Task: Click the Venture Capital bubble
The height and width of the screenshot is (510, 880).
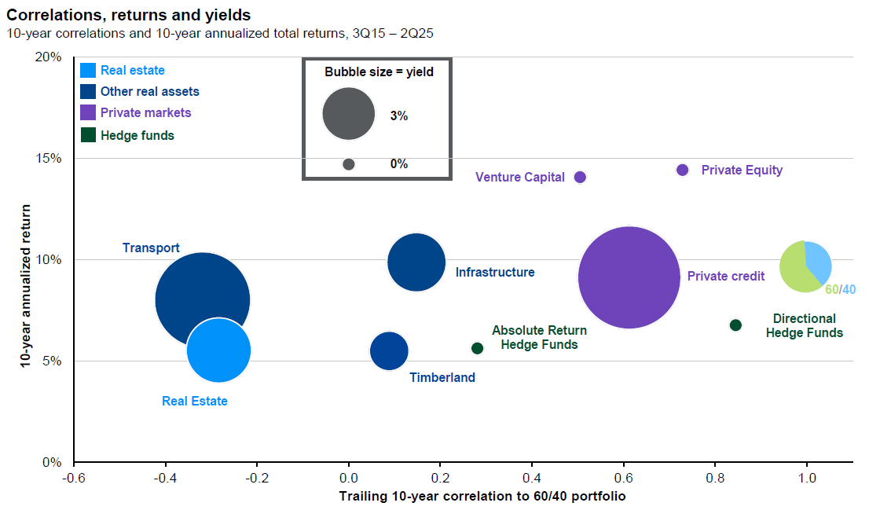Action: [x=580, y=177]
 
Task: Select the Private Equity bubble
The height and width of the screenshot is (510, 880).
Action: [x=682, y=170]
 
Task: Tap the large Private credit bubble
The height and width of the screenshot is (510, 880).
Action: [x=629, y=277]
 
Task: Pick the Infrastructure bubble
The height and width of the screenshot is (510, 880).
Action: [x=416, y=262]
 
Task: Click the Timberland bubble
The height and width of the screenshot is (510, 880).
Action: [x=389, y=350]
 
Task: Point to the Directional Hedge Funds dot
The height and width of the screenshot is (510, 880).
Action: [x=735, y=325]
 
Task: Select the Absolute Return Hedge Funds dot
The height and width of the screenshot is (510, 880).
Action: [x=477, y=348]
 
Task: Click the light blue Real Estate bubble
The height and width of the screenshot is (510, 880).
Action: [x=219, y=350]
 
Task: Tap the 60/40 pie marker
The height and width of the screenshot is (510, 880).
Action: [x=805, y=266]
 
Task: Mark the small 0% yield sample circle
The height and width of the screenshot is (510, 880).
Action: [x=349, y=164]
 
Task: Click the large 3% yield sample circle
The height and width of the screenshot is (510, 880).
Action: [x=348, y=114]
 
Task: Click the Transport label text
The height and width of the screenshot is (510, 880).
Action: [x=151, y=248]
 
